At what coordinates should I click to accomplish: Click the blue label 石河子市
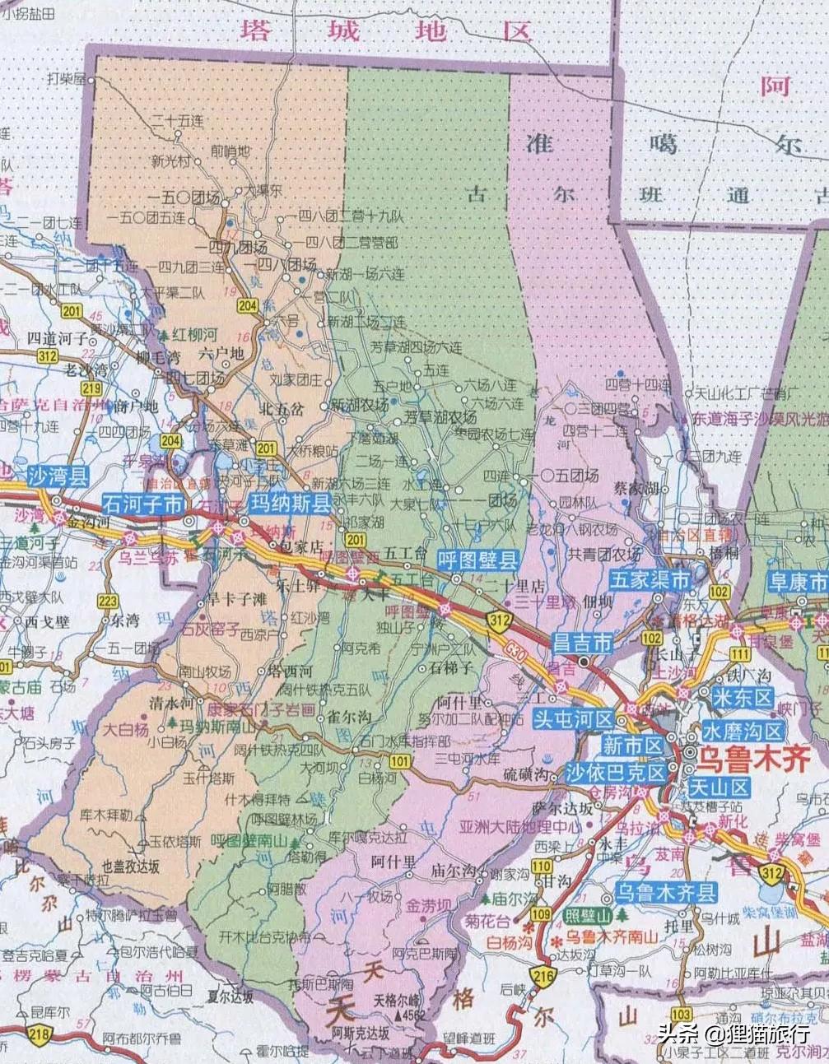click(143, 504)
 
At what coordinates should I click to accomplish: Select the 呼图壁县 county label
click(478, 561)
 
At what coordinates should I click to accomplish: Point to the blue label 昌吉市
click(582, 643)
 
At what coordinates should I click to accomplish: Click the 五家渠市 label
click(650, 580)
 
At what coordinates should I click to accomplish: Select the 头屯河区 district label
click(573, 718)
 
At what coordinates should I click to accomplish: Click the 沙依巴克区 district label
click(616, 773)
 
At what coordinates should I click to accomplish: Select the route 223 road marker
click(108, 601)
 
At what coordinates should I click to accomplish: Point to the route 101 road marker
click(400, 761)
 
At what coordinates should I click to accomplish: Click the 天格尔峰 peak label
click(398, 1001)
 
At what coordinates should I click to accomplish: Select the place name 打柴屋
click(67, 79)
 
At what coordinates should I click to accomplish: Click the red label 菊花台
click(487, 921)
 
